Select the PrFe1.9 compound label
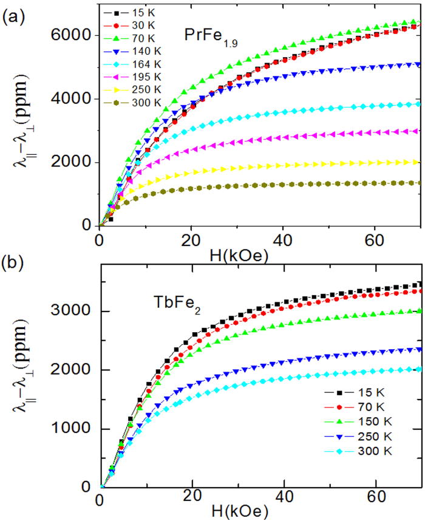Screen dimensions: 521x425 click(211, 36)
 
